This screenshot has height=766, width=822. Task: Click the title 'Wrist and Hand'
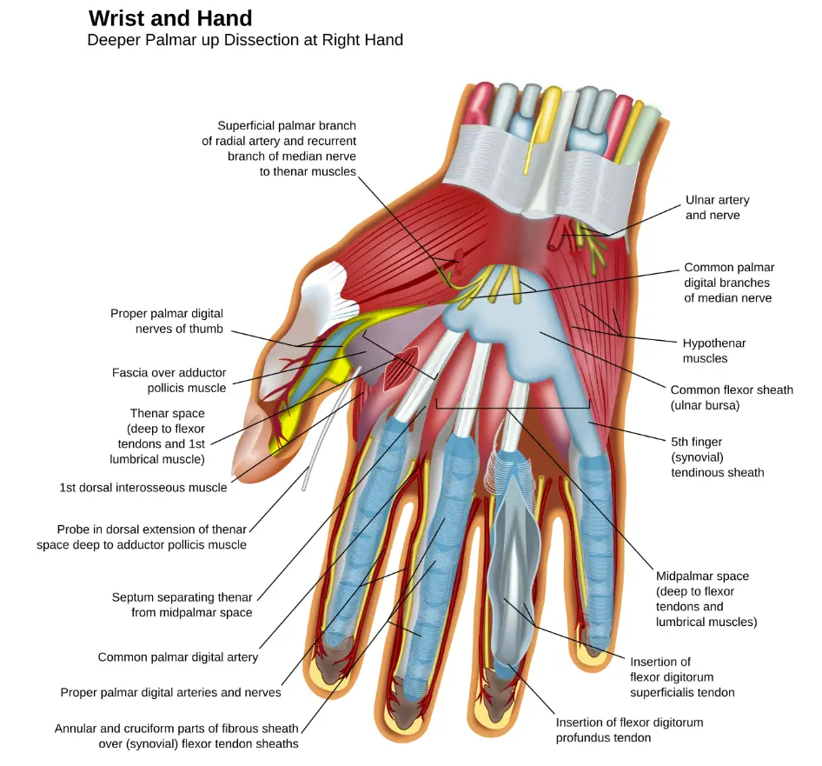170,18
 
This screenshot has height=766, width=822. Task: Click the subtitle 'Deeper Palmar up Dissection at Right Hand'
245,40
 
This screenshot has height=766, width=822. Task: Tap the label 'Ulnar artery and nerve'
717,207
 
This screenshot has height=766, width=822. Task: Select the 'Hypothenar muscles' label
713,350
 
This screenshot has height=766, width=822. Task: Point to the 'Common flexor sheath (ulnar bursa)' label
732,397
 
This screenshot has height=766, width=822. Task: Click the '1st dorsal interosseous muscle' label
143,488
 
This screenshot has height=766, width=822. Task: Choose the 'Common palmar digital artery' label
178,656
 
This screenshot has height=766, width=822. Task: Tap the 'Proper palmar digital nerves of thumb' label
167,321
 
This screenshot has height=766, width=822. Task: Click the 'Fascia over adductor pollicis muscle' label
169,380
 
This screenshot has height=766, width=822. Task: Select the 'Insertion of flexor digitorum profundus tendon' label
629,729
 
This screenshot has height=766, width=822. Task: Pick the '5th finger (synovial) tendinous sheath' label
717,457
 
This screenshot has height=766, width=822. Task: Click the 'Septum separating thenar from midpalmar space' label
182,604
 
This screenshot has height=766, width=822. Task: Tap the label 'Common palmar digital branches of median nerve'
729,283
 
